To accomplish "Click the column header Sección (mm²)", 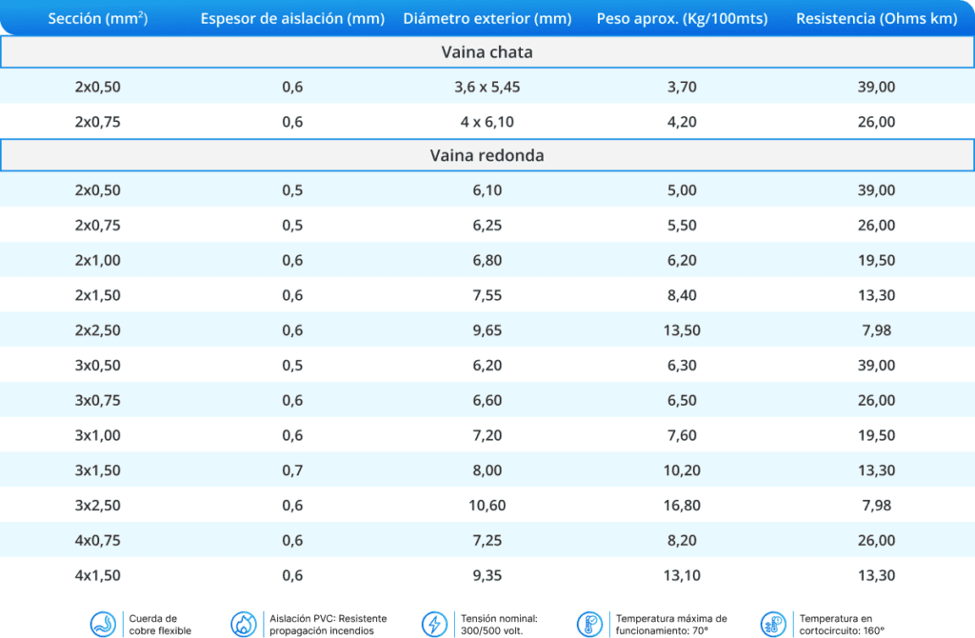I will pos(97,19).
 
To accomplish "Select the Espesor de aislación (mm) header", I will pos(292,19).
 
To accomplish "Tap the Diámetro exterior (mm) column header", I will pos(487,19).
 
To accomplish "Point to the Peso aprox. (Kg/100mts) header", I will pos(682,19).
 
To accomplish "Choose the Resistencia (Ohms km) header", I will pos(876,19).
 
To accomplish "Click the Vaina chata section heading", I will pos(487,52).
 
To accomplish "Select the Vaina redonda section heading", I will pos(487,155).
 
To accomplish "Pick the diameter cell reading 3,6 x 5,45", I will pos(487,88).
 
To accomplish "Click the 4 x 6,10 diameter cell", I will pos(487,122).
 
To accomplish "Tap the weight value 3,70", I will pos(682,88).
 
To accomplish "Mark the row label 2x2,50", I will pos(97,330).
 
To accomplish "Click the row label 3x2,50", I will pos(97,506).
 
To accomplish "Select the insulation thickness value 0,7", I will pos(292,470).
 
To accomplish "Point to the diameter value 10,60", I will pos(487,506).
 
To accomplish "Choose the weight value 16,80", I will pos(682,506).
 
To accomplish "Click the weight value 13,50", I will pos(682,330).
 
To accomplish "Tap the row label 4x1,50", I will pos(97,575).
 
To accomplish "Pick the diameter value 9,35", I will pos(487,575).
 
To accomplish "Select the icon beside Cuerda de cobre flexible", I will pos(104,624).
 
